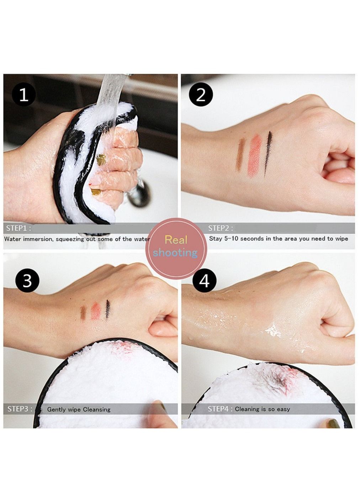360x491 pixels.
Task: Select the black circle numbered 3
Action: click(x=27, y=280)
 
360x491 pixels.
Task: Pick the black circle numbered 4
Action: click(x=204, y=280)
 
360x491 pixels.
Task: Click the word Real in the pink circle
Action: click(x=176, y=240)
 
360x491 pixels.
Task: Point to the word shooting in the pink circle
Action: click(x=175, y=253)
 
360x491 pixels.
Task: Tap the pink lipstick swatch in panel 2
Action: click(x=255, y=155)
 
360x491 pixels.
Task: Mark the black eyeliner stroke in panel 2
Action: click(x=268, y=153)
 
